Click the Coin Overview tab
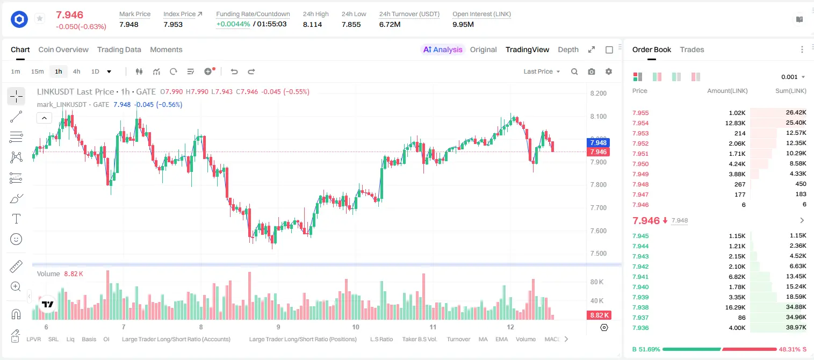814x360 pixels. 63,49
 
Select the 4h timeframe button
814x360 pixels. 76,71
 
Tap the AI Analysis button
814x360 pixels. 443,49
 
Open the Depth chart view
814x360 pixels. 568,49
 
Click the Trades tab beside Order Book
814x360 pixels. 692,49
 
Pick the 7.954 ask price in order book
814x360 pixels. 640,123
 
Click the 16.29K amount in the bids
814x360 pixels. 735,307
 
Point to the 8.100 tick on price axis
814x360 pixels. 599,117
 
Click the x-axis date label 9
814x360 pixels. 278,327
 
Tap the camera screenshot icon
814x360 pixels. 592,71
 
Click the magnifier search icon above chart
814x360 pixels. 574,71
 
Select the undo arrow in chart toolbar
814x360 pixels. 234,71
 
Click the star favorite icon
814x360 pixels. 40,18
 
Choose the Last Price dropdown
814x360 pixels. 542,71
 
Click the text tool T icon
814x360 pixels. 16,219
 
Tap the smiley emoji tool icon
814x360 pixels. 16,239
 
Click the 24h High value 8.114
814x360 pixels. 313,24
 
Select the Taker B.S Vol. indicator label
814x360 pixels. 419,339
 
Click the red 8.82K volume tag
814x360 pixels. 599,315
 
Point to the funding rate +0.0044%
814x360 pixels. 233,24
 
